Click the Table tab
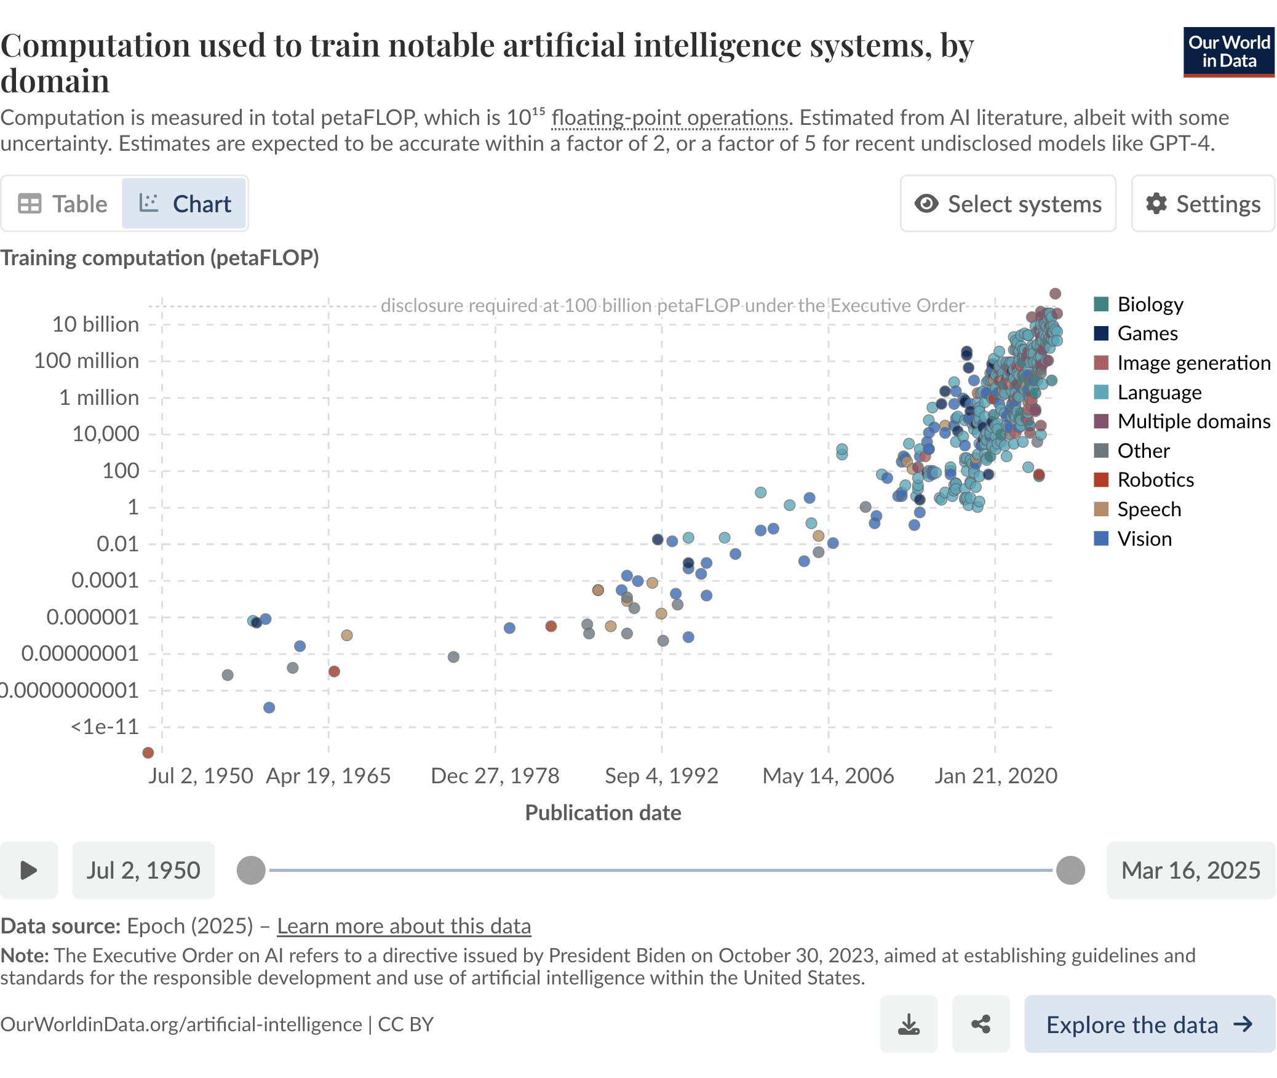pyautogui.click(x=63, y=204)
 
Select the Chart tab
pyautogui.click(x=185, y=204)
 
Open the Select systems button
pyautogui.click(x=1008, y=204)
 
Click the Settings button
pyautogui.click(x=1203, y=204)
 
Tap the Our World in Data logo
pyautogui.click(x=1228, y=52)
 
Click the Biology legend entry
pyautogui.click(x=1138, y=304)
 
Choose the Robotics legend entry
pyautogui.click(x=1144, y=479)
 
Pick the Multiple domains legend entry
pyautogui.click(x=1182, y=421)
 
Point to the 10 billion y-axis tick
pyautogui.click(x=95, y=324)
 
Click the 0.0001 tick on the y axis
pyautogui.click(x=105, y=580)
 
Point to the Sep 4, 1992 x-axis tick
pyautogui.click(x=662, y=775)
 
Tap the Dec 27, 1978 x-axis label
pyautogui.click(x=495, y=775)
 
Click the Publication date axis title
pyautogui.click(x=603, y=813)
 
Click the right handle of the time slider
pyautogui.click(x=1070, y=871)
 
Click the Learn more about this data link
pyautogui.click(x=404, y=926)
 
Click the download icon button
pyautogui.click(x=909, y=1024)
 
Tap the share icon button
pyautogui.click(x=981, y=1024)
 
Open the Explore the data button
pyautogui.click(x=1150, y=1024)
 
